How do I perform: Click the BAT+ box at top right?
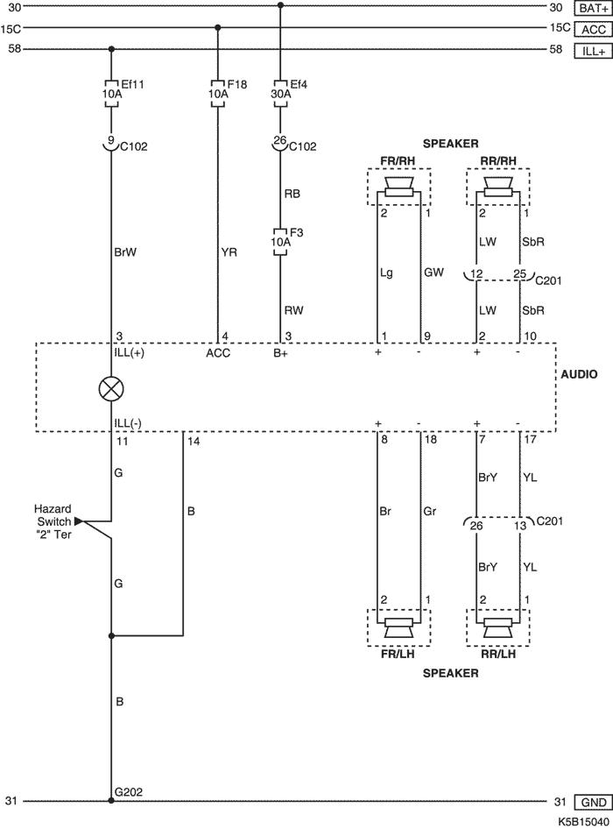[x=593, y=8]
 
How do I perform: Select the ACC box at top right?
[x=593, y=29]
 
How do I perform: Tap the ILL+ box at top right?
[x=593, y=51]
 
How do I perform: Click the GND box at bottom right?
[x=593, y=802]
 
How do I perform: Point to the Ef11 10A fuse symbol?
[x=111, y=94]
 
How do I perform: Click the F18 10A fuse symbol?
[x=218, y=94]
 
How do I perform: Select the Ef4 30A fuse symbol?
[x=280, y=94]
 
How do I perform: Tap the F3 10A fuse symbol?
[x=280, y=242]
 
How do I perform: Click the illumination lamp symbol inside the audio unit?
[x=111, y=390]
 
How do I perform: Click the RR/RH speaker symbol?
[x=498, y=187]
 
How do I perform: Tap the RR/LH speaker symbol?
[x=498, y=627]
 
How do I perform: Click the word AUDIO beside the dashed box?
[x=579, y=374]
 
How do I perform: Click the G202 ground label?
[x=129, y=792]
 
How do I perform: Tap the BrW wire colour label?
[x=125, y=252]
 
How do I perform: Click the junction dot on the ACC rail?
[x=218, y=27]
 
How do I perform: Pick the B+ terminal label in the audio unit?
[x=280, y=353]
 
